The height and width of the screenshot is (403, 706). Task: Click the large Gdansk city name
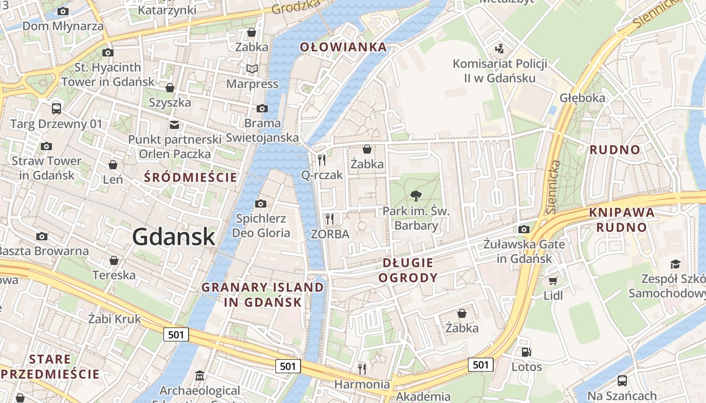point(174,237)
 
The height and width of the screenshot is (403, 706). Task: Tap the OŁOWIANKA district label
point(343,47)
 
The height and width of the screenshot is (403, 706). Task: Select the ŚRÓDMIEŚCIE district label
point(190,177)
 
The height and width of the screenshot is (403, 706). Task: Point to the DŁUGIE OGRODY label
point(408,271)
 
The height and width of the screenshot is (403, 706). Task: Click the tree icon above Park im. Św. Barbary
point(416,196)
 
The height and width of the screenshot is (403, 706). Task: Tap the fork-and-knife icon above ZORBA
point(330,219)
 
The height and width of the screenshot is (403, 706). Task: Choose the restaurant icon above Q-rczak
point(322,160)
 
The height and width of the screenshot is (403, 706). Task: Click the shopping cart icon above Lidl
point(553,281)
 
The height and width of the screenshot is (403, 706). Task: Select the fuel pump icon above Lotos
point(526,352)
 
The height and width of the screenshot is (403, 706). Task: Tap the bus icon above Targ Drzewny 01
point(56,108)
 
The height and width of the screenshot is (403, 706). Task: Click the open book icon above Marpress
point(252,69)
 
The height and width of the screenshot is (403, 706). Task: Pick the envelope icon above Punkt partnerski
point(174,124)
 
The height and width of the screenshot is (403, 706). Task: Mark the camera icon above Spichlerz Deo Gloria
point(261,204)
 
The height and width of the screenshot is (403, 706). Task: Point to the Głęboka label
point(582,98)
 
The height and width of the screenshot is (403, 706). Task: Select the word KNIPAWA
point(622,212)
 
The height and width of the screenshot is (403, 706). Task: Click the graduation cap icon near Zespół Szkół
point(675,264)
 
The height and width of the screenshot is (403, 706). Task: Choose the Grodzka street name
point(296,7)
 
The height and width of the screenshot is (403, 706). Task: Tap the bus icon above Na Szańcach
point(622,381)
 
